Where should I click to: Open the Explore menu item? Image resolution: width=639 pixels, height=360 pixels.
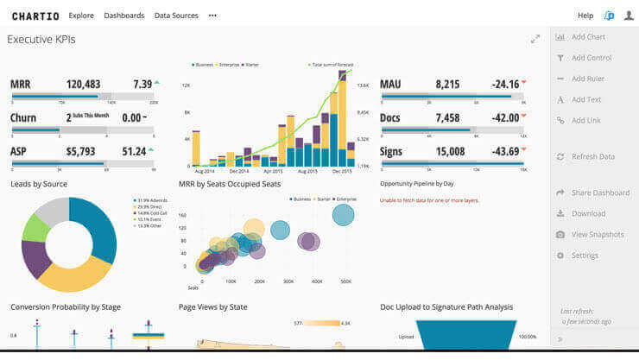point(81,16)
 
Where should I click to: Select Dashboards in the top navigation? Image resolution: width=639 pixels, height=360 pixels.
point(123,16)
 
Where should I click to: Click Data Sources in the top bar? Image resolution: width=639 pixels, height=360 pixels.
point(175,16)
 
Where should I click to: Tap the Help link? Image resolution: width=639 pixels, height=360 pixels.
point(585,16)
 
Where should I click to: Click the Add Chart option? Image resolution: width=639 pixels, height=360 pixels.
point(588,37)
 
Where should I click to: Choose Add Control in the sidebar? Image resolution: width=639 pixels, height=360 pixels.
point(591,58)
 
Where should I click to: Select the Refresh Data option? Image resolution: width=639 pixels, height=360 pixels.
point(592,156)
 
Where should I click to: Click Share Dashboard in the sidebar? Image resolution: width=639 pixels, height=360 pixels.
point(600,193)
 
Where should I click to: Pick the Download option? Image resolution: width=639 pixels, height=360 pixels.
point(588,213)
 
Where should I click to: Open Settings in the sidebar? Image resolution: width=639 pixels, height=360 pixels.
point(585,256)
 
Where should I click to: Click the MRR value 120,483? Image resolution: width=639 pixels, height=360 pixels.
point(83,85)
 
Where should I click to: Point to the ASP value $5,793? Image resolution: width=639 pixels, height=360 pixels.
point(80,152)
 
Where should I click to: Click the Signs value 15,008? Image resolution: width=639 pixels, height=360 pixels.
point(450,152)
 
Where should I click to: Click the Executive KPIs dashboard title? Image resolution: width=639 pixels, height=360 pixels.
point(41,40)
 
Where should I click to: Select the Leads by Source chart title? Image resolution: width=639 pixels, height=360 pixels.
point(39,184)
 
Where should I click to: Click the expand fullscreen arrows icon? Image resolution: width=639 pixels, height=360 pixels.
point(535,39)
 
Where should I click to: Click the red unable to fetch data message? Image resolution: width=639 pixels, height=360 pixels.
point(429,200)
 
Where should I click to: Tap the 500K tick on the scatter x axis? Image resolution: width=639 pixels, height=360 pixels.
point(346,281)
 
